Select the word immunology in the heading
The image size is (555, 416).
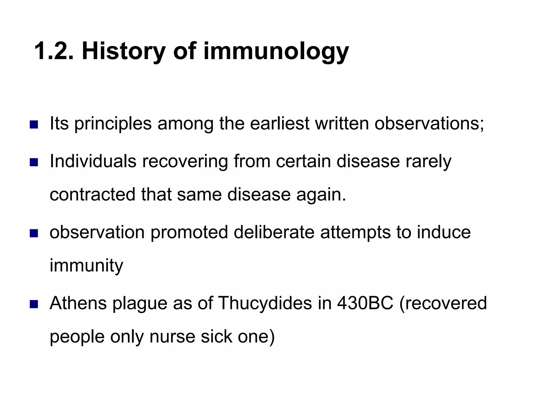tap(276, 51)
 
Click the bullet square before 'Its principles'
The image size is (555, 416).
tap(34, 125)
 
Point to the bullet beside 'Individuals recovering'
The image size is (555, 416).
tap(34, 162)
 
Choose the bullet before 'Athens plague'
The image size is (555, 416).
tap(34, 304)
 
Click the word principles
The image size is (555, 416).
tap(113, 124)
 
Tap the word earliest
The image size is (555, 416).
tap(279, 123)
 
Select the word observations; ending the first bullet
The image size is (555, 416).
tap(429, 123)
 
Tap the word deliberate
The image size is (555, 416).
tap(274, 232)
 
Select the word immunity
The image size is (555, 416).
tap(86, 266)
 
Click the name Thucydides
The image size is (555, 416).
tap(265, 303)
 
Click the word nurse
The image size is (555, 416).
tap(172, 337)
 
